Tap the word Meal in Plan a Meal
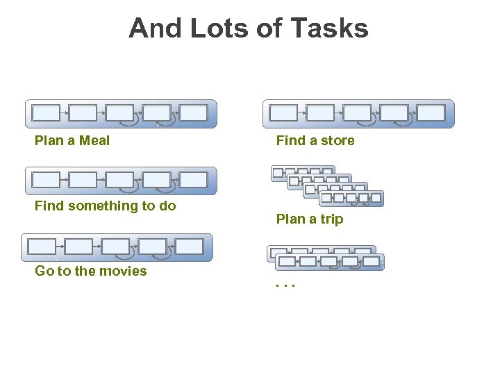coord(94,141)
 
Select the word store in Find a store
coord(337,141)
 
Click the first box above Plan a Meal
coord(47,113)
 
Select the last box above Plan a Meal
coord(194,113)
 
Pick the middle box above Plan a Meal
coord(120,113)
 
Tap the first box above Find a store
coord(283,113)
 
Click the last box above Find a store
coord(431,113)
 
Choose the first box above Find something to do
coord(47,180)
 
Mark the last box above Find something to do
coord(194,180)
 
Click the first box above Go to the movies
coord(42,247)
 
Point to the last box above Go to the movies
coord(189,247)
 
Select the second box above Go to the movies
coord(78,247)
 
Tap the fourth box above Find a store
coord(394,113)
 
